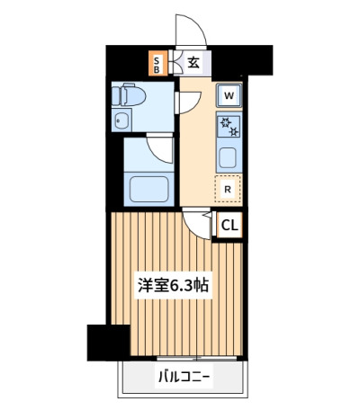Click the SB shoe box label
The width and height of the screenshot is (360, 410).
[x=157, y=66]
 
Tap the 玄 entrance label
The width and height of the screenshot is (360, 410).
[x=193, y=62]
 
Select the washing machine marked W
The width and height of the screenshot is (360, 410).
[x=229, y=96]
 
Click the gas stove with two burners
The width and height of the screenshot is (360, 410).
[x=229, y=127]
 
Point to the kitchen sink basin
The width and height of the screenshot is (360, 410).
[x=228, y=158]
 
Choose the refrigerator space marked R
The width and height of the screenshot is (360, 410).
[x=228, y=189]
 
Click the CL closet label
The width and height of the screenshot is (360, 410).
[x=229, y=226]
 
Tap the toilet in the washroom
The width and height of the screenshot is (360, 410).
[x=129, y=95]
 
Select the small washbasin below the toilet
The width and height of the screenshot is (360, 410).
[x=121, y=120]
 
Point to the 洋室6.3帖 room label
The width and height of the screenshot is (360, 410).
[x=173, y=285]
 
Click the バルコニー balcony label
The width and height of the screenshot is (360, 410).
[x=184, y=377]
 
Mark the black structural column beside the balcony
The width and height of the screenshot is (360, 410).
[x=108, y=343]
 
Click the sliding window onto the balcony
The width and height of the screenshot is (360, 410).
[x=197, y=358]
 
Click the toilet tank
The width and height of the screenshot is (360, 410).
[x=115, y=95]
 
